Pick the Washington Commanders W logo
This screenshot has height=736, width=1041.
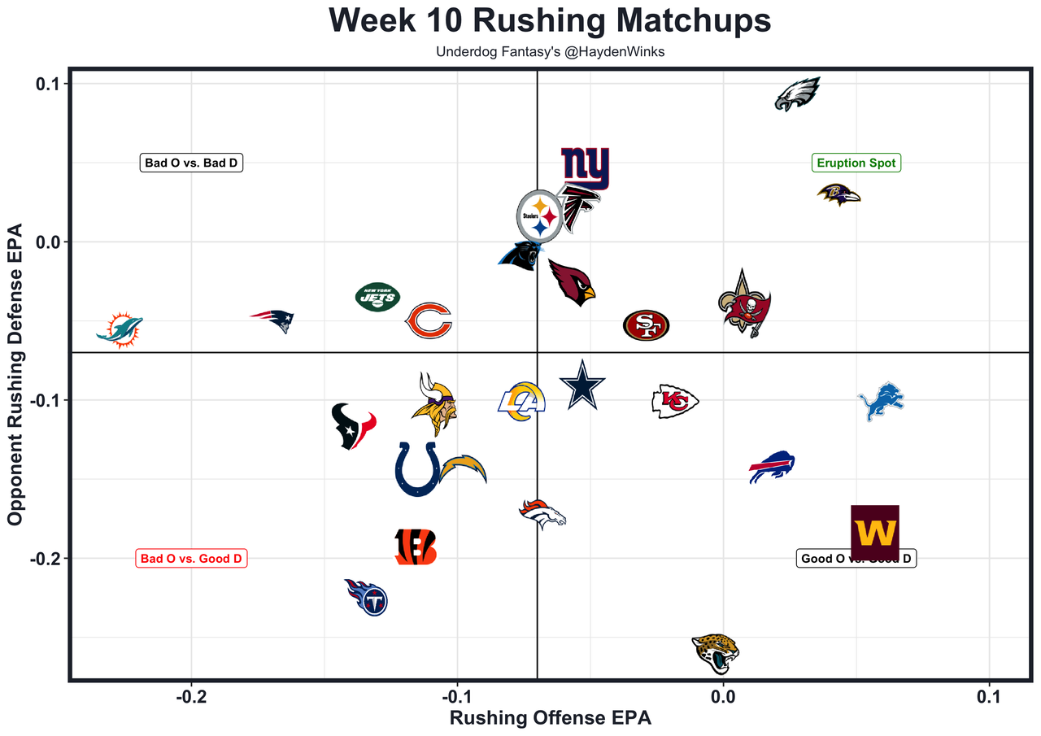875,533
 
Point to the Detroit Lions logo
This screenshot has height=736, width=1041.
881,400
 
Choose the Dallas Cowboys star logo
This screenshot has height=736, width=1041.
583,385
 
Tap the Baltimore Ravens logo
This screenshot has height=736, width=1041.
838,194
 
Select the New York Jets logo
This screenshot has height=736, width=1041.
377,297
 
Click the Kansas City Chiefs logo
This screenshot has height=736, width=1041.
675,401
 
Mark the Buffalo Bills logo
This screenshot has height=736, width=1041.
772,466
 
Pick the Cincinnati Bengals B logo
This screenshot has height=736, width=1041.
416,547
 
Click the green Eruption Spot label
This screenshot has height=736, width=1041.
856,163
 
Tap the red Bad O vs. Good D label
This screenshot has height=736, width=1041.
191,559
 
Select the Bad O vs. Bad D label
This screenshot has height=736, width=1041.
192,163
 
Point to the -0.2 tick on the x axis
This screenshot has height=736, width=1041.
191,697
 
